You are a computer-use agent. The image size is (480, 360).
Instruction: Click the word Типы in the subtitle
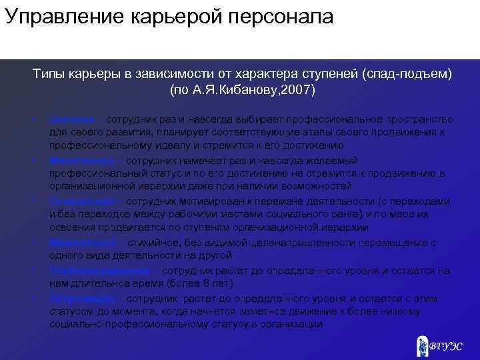click(x=49, y=74)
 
